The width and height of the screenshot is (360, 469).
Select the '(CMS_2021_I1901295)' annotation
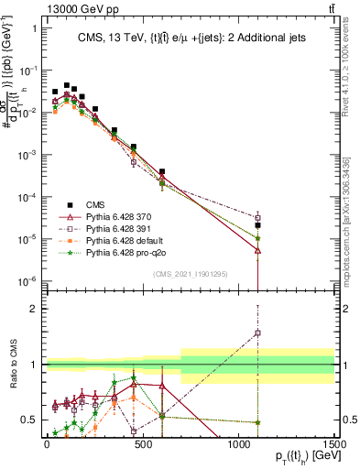(x=212, y=273)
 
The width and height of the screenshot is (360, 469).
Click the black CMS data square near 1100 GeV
(x=258, y=224)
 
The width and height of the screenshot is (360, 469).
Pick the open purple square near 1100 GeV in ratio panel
(x=258, y=333)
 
